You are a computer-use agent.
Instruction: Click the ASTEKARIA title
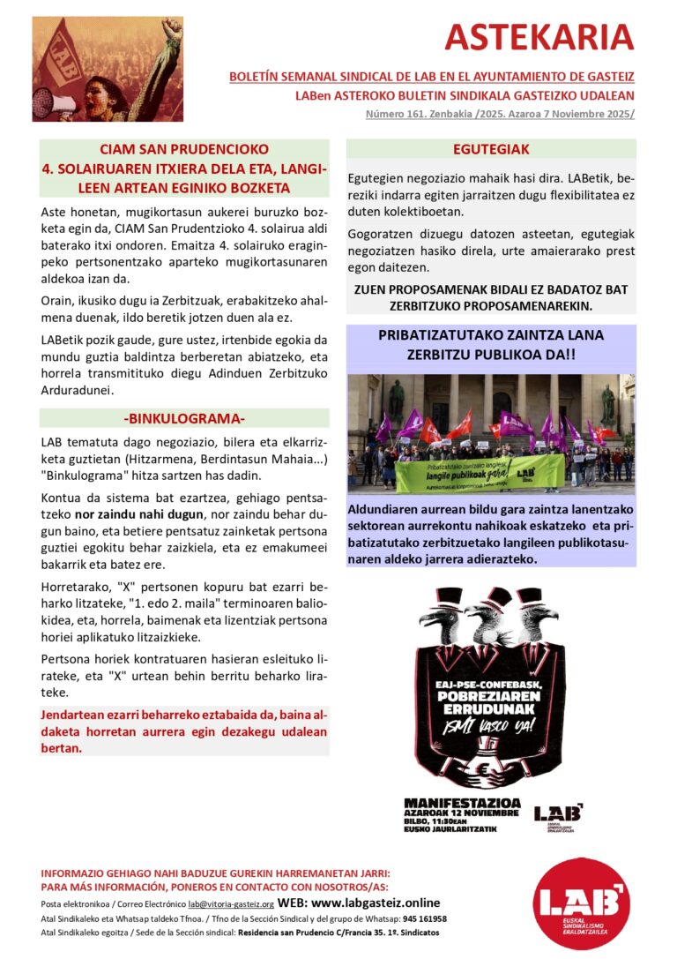[539, 37]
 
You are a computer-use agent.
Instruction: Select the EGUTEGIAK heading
[491, 149]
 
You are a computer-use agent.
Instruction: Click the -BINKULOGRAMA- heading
[184, 417]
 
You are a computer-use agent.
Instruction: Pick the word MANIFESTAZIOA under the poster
[462, 803]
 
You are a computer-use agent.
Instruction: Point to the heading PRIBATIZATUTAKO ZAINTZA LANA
[491, 336]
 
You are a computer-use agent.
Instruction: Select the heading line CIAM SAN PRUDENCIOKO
[184, 149]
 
